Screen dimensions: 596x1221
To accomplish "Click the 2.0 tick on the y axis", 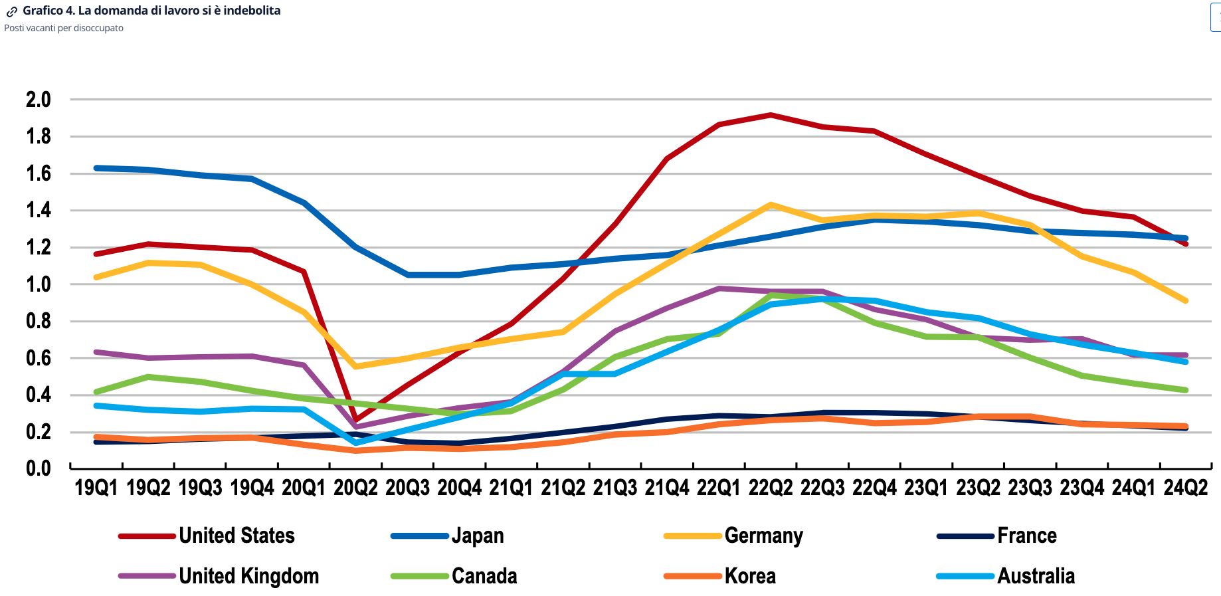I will click(x=39, y=100).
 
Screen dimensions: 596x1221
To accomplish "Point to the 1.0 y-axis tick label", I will click(x=39, y=284).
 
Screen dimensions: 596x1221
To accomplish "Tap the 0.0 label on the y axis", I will click(x=39, y=468).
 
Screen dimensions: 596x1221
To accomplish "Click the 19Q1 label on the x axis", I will click(x=96, y=488).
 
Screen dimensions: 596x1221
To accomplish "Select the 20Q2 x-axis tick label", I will click(x=355, y=488).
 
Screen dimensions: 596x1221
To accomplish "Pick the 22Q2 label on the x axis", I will click(x=771, y=488).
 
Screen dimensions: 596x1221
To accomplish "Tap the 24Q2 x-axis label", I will click(x=1186, y=488).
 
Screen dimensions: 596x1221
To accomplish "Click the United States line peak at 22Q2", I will click(x=771, y=115).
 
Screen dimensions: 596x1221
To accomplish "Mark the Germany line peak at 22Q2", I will click(x=771, y=205).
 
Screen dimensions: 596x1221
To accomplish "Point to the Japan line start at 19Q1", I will click(x=97, y=168).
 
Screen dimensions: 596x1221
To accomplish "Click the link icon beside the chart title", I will click(x=12, y=11).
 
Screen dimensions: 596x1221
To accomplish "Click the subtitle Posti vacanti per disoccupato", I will click(x=64, y=28).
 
